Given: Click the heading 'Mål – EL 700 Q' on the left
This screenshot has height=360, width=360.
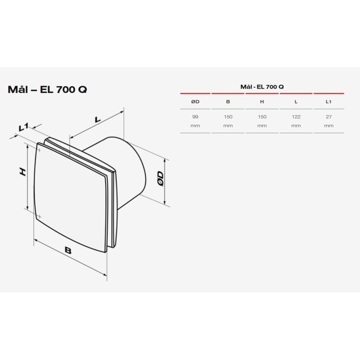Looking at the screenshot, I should [48, 90].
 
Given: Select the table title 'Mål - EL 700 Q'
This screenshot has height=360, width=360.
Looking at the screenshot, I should [262, 87].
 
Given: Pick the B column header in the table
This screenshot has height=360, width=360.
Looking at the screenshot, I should [228, 101].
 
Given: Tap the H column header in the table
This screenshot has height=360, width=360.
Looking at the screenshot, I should [262, 101].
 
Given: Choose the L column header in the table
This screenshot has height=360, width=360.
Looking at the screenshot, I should [296, 101].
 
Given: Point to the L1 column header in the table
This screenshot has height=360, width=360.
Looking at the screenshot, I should [329, 101].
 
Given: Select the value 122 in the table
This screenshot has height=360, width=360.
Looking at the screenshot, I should [296, 117].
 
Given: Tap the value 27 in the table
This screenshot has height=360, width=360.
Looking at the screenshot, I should [329, 117].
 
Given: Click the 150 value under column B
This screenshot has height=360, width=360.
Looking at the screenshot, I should [228, 117].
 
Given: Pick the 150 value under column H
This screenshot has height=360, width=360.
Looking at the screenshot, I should [262, 117].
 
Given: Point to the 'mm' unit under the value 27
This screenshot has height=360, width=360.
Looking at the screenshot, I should [329, 126].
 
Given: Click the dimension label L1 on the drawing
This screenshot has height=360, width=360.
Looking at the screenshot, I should [23, 128].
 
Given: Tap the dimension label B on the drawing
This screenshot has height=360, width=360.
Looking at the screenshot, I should [68, 251].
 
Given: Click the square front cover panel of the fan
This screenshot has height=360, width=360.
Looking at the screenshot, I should [71, 196].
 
